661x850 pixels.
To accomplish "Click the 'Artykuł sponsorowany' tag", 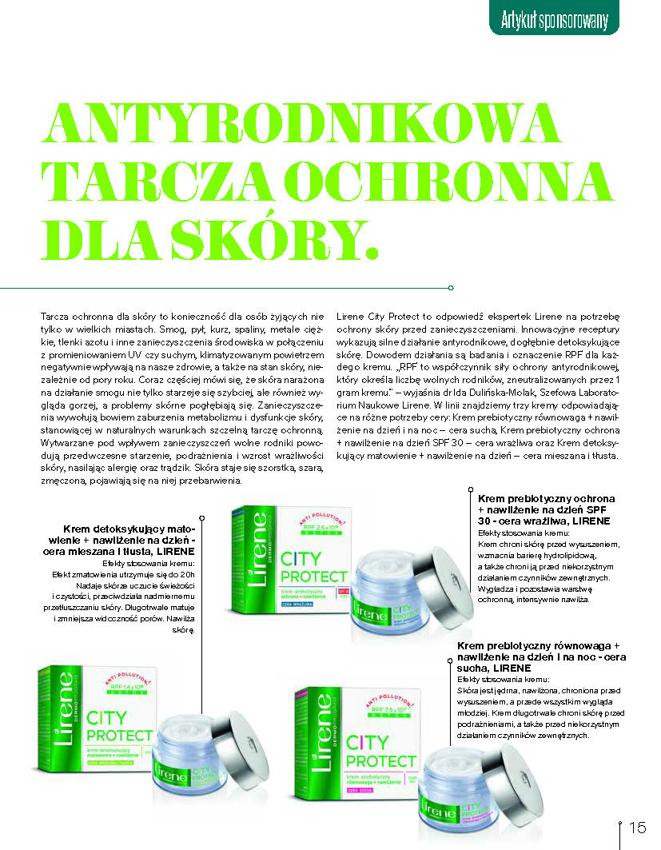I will [554, 18].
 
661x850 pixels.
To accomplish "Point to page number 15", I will [638, 827].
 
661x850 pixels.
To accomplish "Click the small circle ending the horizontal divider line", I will [452, 288].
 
